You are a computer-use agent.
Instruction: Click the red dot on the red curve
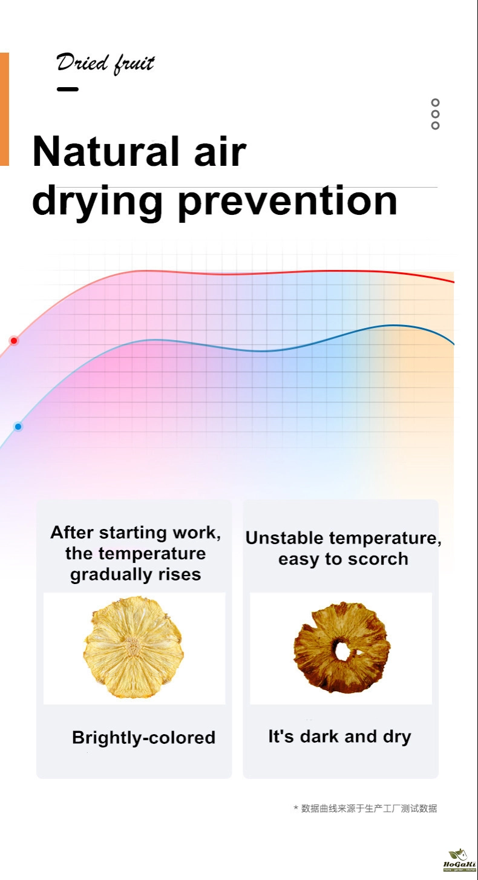(14, 341)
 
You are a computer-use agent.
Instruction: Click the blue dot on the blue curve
(18, 427)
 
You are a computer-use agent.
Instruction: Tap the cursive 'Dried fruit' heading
(106, 64)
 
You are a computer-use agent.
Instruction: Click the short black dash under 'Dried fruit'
(68, 89)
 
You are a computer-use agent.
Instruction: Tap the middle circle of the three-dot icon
(435, 114)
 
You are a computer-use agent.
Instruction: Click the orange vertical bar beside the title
(4, 109)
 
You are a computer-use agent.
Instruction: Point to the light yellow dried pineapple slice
(134, 648)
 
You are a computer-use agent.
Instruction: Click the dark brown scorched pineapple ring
(341, 648)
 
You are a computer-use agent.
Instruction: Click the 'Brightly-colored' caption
(144, 738)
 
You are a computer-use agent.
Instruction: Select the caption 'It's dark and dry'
(340, 737)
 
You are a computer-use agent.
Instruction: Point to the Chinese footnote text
(365, 808)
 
